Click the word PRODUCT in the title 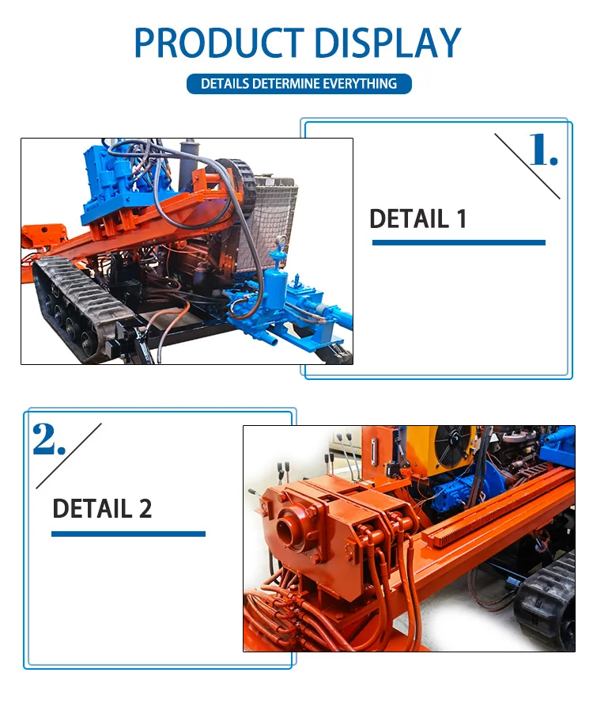click(219, 43)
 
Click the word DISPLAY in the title click(388, 43)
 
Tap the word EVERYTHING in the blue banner click(360, 84)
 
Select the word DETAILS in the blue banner click(225, 84)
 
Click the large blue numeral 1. click(543, 150)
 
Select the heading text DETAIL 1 click(418, 218)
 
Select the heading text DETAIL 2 click(102, 508)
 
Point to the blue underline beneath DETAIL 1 click(459, 242)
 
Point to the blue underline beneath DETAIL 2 click(128, 534)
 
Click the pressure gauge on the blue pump click(282, 241)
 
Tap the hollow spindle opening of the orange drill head click(287, 526)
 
